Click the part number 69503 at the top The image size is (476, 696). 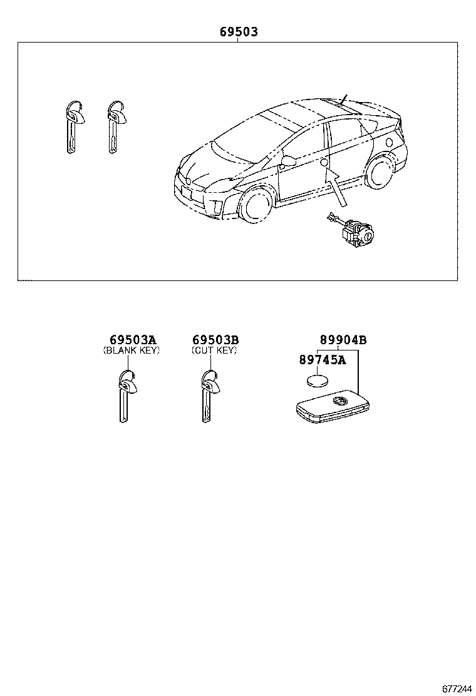238,32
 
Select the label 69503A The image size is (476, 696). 132,340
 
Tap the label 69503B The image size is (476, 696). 215,340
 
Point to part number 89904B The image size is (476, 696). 343,340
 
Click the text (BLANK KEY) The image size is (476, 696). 132,351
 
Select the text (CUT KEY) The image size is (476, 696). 214,351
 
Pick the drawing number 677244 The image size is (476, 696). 457,688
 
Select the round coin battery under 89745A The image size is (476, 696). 319,381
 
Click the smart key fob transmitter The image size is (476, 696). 331,407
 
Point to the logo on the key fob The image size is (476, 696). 339,401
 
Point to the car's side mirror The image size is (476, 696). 289,161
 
